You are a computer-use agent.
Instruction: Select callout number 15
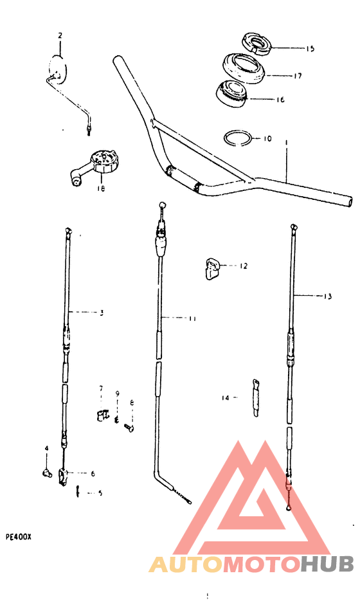[x=310, y=49]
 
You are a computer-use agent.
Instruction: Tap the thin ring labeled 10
[x=238, y=138]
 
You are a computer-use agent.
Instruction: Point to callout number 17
[x=298, y=76]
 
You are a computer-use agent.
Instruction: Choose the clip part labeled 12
[x=211, y=267]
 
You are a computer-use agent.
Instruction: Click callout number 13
[x=327, y=296]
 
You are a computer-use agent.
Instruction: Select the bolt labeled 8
[x=129, y=428]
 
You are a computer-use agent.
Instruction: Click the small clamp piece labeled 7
[x=101, y=415]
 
